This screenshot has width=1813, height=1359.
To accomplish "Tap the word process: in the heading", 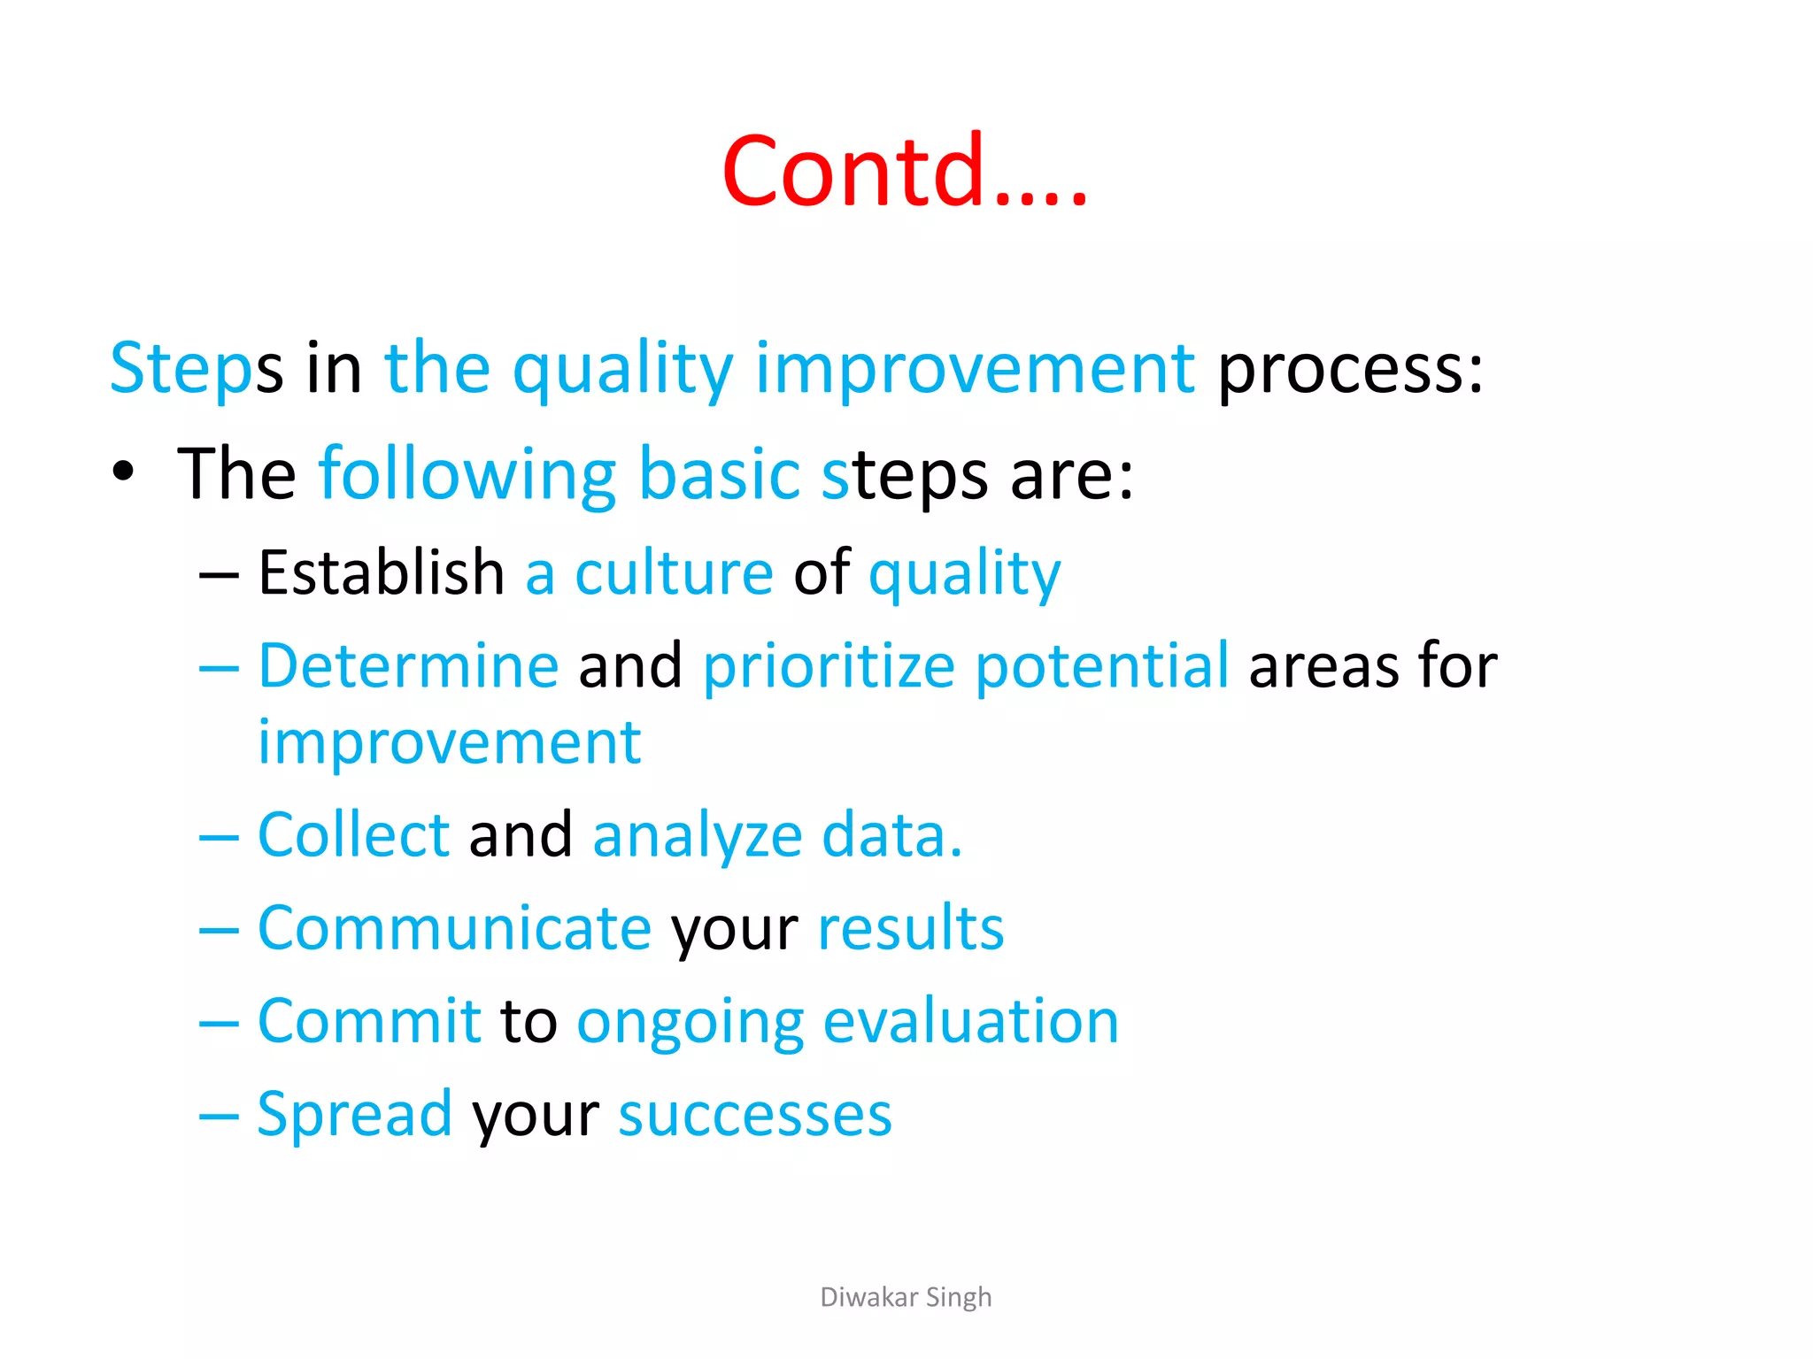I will tap(1350, 369).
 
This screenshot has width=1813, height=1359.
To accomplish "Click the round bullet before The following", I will tap(124, 472).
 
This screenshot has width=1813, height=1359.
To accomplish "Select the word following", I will tap(467, 476).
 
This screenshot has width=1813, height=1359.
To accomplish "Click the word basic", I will tap(719, 474).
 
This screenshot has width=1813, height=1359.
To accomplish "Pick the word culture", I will tap(675, 573).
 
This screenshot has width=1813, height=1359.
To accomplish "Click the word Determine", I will tap(408, 665).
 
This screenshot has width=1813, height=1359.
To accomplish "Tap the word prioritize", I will tap(829, 666).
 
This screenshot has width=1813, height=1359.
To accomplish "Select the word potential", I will tap(1101, 666).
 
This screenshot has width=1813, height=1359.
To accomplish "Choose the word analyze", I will tap(697, 836).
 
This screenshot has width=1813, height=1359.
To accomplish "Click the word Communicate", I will tap(454, 928).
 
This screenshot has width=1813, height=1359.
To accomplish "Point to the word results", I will tap(911, 928).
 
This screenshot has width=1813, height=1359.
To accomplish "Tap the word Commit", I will tap(368, 1021).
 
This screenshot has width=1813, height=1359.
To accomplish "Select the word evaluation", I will tap(970, 1022).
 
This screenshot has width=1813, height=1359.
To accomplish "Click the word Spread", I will tap(354, 1115).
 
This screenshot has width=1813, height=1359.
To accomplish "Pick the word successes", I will tap(755, 1116).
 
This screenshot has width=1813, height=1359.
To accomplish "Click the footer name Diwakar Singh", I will tap(906, 1297).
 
